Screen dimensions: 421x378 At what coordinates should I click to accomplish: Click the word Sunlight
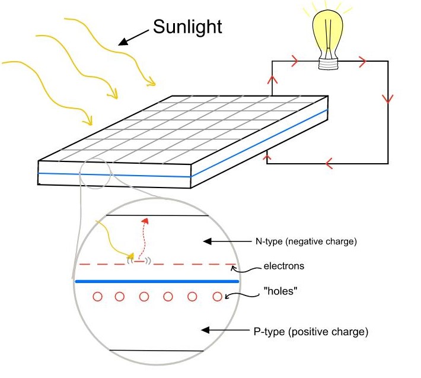point(187,27)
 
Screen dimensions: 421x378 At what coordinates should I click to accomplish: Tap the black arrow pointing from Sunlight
point(133,37)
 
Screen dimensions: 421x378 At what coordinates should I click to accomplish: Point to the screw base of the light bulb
point(328,64)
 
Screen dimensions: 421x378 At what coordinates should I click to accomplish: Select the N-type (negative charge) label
point(306,242)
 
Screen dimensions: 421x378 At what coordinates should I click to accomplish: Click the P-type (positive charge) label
point(311,332)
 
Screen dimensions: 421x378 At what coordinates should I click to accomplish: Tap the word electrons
point(284,266)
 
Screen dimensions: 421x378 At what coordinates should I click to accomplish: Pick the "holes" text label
point(280,291)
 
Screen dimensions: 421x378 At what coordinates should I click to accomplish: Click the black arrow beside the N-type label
point(227,242)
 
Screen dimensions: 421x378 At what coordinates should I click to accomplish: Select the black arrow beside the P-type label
point(225,330)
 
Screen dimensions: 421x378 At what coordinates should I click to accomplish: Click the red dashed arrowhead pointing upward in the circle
point(145,221)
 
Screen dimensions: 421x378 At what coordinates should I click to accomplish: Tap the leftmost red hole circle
point(97,297)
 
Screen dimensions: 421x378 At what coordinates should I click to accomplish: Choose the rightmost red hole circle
point(217,297)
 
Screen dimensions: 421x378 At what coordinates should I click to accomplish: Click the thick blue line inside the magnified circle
point(157,281)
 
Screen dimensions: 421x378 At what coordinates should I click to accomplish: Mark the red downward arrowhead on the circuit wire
point(388,99)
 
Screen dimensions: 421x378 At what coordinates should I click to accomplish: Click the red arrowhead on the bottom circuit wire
point(329,163)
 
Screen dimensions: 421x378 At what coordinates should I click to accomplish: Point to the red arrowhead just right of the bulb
point(362,61)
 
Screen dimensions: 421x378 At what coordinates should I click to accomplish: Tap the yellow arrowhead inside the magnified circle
point(131,255)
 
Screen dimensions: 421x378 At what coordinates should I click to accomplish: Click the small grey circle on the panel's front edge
point(95,173)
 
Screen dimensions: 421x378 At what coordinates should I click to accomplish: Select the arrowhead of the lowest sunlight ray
point(88,120)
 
